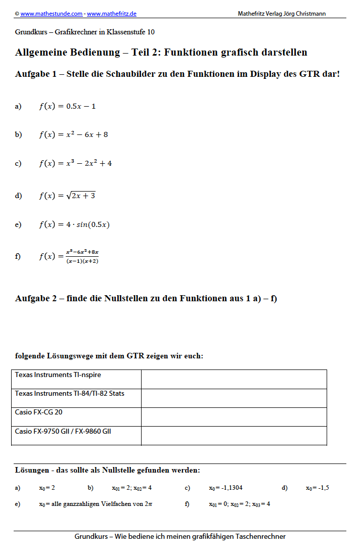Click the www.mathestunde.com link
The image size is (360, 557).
click(51, 14)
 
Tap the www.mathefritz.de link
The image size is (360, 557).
click(112, 14)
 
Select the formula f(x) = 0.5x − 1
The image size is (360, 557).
click(67, 106)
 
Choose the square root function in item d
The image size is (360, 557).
click(67, 196)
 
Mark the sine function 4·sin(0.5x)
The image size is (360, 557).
click(74, 224)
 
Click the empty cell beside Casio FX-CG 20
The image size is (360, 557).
click(234, 417)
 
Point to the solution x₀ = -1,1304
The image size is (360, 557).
click(226, 488)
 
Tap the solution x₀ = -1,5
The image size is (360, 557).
click(318, 488)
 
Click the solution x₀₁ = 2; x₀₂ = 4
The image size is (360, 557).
click(132, 488)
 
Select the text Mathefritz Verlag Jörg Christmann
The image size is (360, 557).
click(282, 14)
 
